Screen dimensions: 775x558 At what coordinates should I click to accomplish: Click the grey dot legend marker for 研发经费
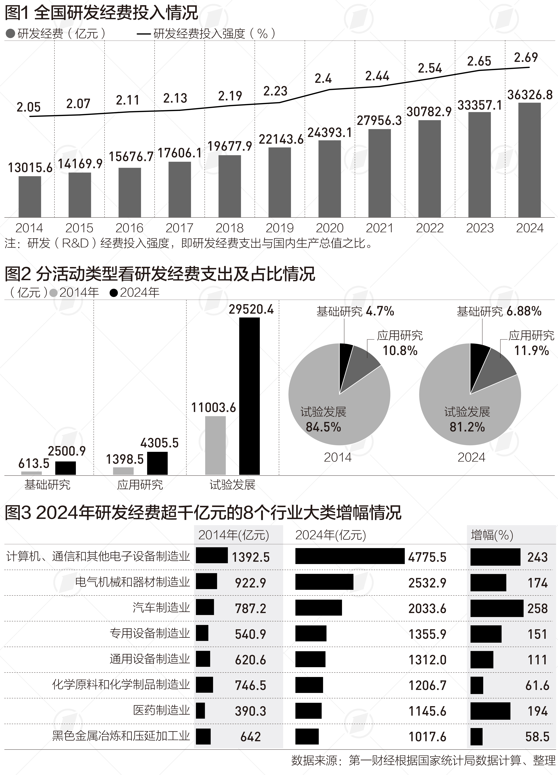(x=10, y=33)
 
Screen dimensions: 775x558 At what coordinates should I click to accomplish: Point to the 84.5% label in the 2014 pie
(x=323, y=427)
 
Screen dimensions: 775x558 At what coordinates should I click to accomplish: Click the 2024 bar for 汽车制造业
(x=318, y=608)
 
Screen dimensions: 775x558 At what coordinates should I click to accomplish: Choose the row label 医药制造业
(x=161, y=710)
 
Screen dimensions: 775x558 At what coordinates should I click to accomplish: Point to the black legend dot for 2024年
(x=114, y=293)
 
